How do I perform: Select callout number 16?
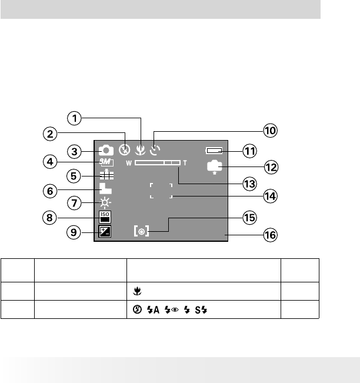pos(270,236)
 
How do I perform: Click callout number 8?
pos(74,217)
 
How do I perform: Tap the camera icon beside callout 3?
pos(106,150)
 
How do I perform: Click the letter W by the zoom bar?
pos(129,162)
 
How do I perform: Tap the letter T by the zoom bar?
pos(185,162)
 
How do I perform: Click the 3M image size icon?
pos(106,163)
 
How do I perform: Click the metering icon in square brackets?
pos(142,232)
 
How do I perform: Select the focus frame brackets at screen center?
pos(161,189)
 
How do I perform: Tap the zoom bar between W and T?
pos(157,162)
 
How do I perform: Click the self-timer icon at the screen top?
pos(155,150)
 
